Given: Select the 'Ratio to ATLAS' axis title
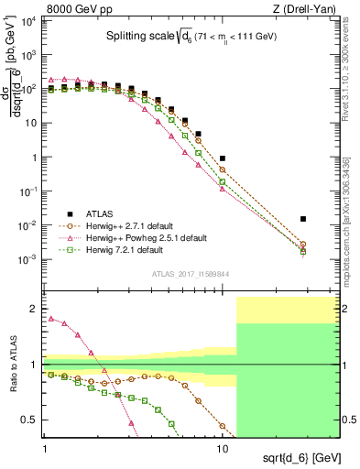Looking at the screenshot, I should click(13, 365).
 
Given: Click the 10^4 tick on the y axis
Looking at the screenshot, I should click(30, 21).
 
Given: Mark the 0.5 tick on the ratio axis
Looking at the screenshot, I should click(32, 420).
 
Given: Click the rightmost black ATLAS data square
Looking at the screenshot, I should click(303, 219).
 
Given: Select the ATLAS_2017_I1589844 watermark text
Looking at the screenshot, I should click(190, 274).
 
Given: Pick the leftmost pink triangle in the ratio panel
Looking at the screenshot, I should click(51, 319).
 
